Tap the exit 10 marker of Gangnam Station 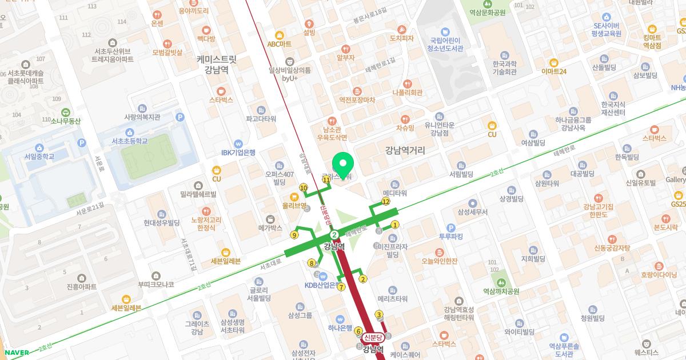tap(304, 187)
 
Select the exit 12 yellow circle tap(386, 201)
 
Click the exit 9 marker tap(294, 234)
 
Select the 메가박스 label tap(271, 227)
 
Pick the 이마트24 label tap(554, 71)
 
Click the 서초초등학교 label tap(130, 141)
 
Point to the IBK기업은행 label tap(238, 152)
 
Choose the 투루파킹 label tap(450, 236)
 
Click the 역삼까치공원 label tap(501, 291)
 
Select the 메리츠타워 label tap(393, 298)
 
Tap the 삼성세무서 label tap(472, 211)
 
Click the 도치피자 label tap(401, 38)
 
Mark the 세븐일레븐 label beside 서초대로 tap(226, 261)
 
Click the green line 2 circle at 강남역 tap(334, 235)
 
